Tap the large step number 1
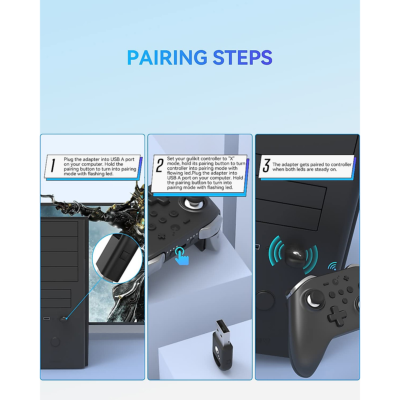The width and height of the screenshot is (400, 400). point(53,166)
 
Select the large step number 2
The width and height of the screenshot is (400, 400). point(160,165)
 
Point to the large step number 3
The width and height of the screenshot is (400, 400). point(266,166)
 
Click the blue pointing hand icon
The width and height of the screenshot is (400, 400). point(182,257)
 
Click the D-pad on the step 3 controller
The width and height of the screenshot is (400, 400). point(336,315)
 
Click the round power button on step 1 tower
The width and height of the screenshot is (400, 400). point(55,342)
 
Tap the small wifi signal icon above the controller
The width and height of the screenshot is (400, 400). point(332,266)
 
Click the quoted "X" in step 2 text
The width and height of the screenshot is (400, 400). point(232,159)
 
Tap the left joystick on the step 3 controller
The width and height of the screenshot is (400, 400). point(313,298)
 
